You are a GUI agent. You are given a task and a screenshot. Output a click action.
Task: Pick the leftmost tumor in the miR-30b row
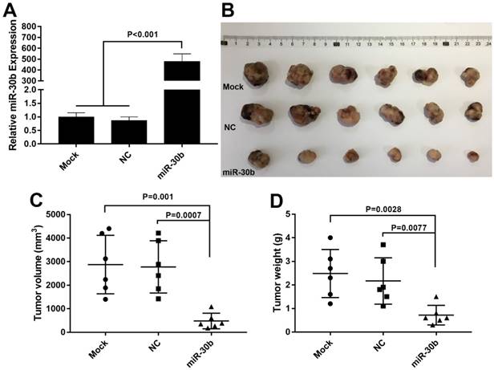(258, 157)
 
